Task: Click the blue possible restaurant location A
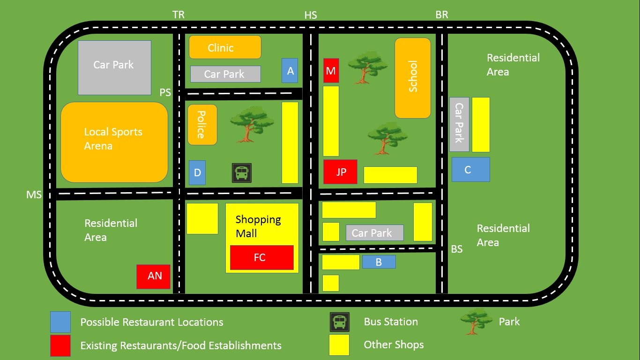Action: [290, 71]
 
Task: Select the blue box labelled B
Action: [379, 262]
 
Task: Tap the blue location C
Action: [470, 170]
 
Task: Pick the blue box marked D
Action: [197, 172]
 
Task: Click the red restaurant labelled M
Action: [331, 71]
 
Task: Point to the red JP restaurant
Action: [341, 172]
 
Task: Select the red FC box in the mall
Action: [261, 257]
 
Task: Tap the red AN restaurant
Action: [154, 276]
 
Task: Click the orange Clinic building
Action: [225, 47]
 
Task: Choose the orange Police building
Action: [202, 125]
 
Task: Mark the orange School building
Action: [412, 78]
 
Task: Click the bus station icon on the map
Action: [242, 173]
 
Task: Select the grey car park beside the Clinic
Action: [225, 74]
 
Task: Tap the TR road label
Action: [179, 15]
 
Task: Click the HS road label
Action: [311, 15]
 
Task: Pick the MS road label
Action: [34, 195]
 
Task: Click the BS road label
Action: [457, 249]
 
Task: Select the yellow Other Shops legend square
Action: [339, 345]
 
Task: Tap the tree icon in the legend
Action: [476, 321]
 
